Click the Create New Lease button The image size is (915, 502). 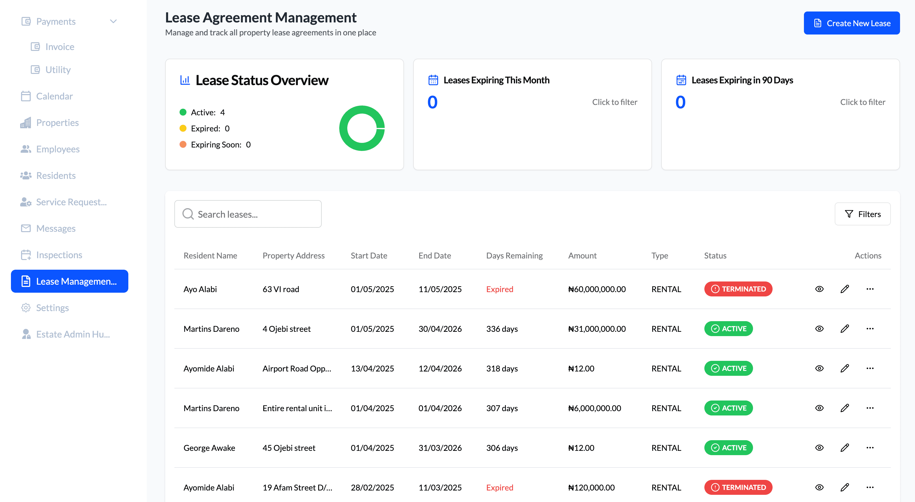click(851, 23)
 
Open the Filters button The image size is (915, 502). click(862, 214)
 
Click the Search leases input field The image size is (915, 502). click(248, 214)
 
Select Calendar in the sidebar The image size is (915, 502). click(54, 96)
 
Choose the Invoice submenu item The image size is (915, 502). click(59, 47)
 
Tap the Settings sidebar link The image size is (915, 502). click(52, 308)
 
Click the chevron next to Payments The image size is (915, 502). click(113, 21)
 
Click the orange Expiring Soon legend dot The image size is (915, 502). click(183, 145)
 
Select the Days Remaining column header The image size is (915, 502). click(514, 256)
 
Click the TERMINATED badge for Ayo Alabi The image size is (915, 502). click(738, 289)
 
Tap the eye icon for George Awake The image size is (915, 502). click(819, 448)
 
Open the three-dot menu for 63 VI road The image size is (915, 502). click(870, 289)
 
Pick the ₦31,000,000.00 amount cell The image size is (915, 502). click(597, 329)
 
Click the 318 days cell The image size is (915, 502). click(502, 369)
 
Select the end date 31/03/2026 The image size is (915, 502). click(440, 448)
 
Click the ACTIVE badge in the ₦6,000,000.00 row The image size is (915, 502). click(728, 408)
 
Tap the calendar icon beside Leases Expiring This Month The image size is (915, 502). click(433, 80)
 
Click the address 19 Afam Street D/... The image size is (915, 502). click(297, 487)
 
